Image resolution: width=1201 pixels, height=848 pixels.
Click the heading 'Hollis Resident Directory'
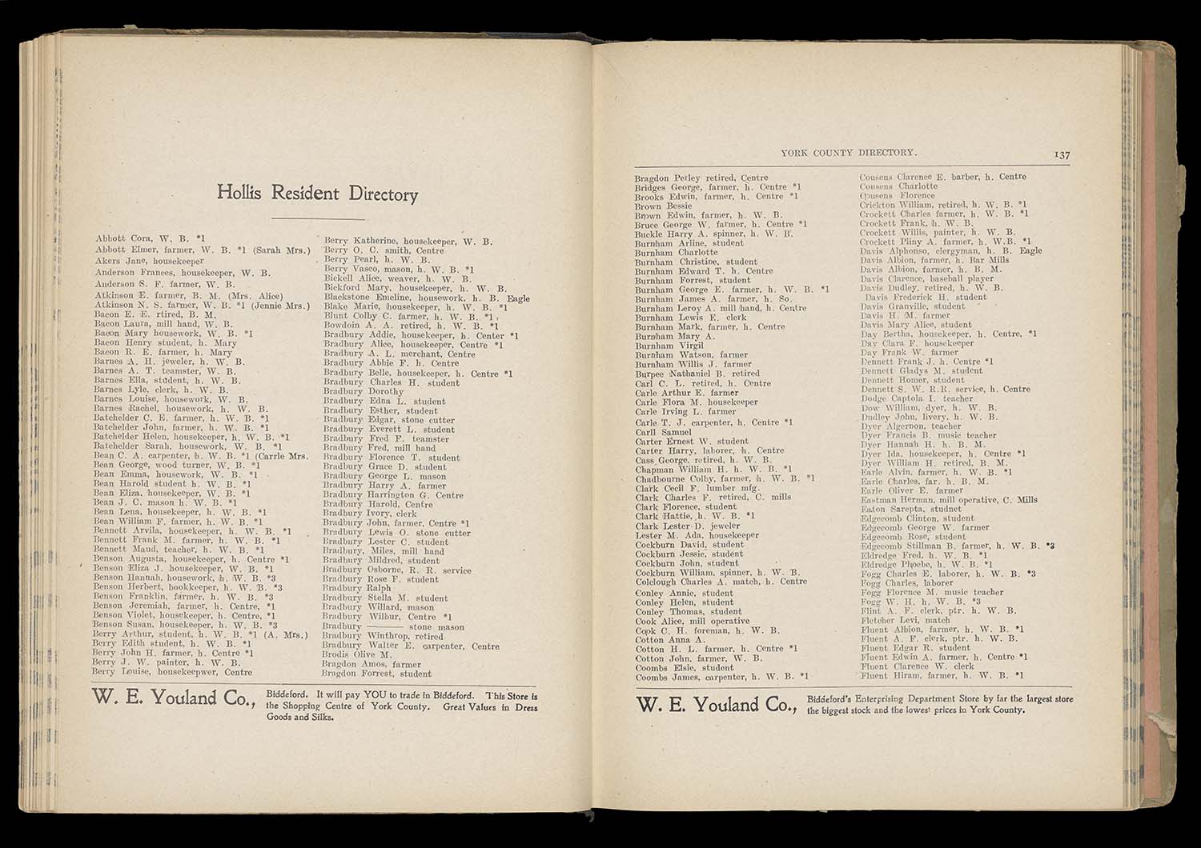click(x=317, y=194)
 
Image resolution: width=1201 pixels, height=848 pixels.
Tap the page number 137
click(x=1062, y=155)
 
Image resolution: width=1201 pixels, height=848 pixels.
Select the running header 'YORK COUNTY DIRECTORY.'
click(x=849, y=151)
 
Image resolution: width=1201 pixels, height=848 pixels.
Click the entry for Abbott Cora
click(x=151, y=238)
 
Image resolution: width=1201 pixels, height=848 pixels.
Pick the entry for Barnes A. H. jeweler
click(x=169, y=362)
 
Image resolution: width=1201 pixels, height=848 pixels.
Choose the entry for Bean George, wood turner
click(x=176, y=464)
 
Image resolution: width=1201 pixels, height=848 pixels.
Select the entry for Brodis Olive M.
click(x=356, y=654)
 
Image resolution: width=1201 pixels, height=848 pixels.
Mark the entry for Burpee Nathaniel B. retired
click(x=697, y=374)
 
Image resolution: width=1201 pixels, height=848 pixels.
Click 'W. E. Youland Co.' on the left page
click(x=174, y=698)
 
